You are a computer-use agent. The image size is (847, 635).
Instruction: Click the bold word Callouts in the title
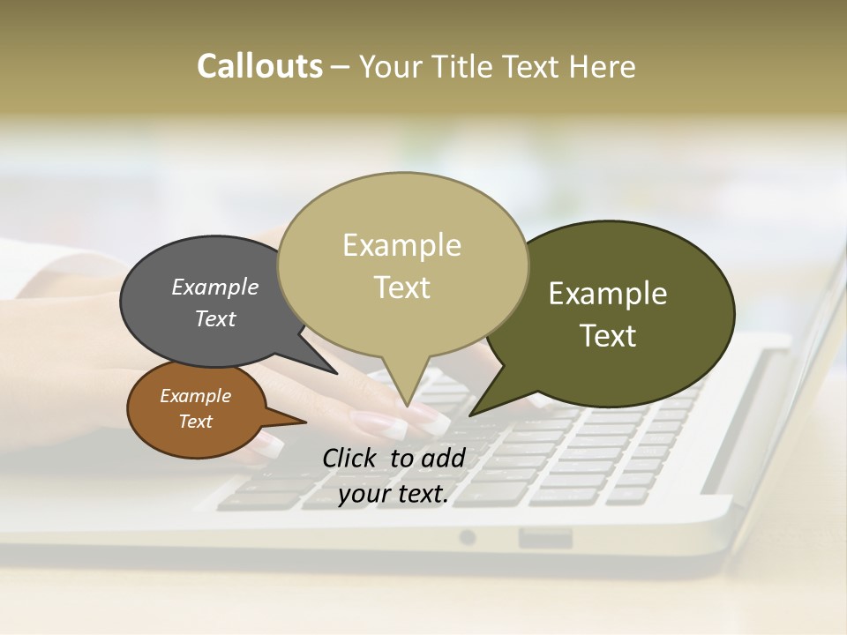[x=259, y=66]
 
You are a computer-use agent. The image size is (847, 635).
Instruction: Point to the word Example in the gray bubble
[x=214, y=288]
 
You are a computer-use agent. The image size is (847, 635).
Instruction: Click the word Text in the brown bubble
[x=195, y=422]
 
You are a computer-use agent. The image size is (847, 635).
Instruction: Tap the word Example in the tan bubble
[x=401, y=245]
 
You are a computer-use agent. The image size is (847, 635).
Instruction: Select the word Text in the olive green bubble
[x=608, y=336]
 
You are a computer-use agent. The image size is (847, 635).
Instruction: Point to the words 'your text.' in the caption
[x=393, y=494]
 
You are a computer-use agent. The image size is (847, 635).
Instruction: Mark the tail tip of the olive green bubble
[x=473, y=414]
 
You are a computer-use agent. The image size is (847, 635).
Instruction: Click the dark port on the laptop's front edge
[x=544, y=537]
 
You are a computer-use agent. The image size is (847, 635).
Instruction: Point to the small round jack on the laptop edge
[x=468, y=537]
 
